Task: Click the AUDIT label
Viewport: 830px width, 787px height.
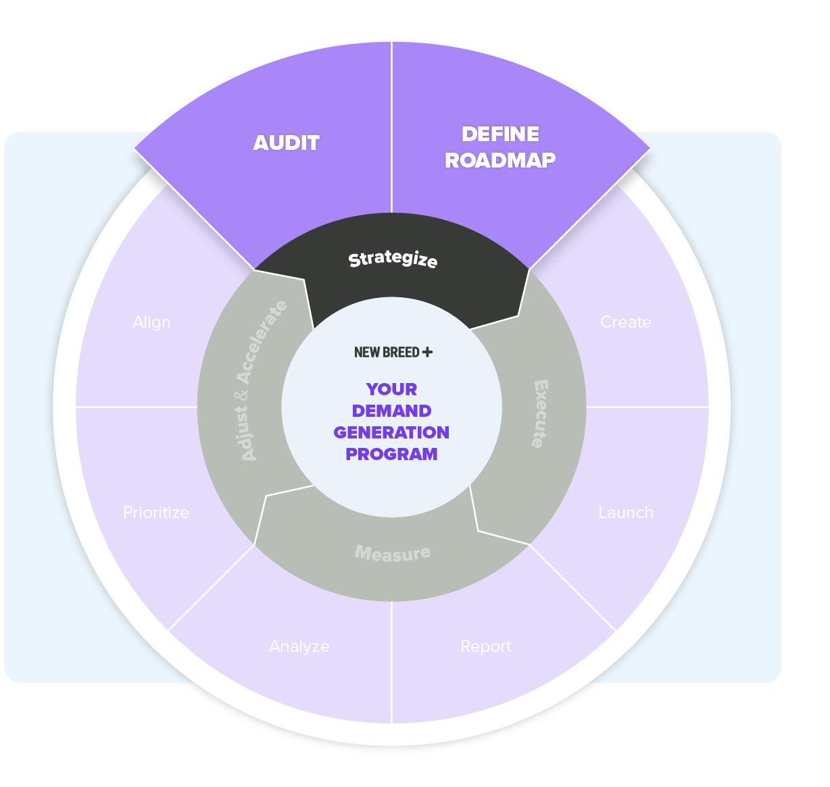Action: coord(286,143)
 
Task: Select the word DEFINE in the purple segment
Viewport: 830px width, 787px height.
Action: coord(500,134)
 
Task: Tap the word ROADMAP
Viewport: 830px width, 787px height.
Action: coord(500,160)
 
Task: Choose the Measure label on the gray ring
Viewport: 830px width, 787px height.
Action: coord(393,553)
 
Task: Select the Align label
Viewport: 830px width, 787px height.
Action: coord(151,322)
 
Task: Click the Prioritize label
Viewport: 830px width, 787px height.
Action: coord(155,513)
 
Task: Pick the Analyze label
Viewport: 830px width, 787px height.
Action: coord(299,646)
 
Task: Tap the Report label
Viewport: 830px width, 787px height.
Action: coord(485,646)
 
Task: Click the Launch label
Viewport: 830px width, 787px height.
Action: coord(626,513)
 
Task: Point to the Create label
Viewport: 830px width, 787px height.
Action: coord(625,322)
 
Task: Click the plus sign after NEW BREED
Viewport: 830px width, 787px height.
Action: coord(427,352)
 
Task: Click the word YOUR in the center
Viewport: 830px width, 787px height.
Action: coord(391,390)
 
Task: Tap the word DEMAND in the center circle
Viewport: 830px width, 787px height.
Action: coord(391,411)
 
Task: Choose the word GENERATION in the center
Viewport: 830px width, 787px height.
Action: coord(391,433)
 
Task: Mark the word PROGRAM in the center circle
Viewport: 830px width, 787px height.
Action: coord(391,455)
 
